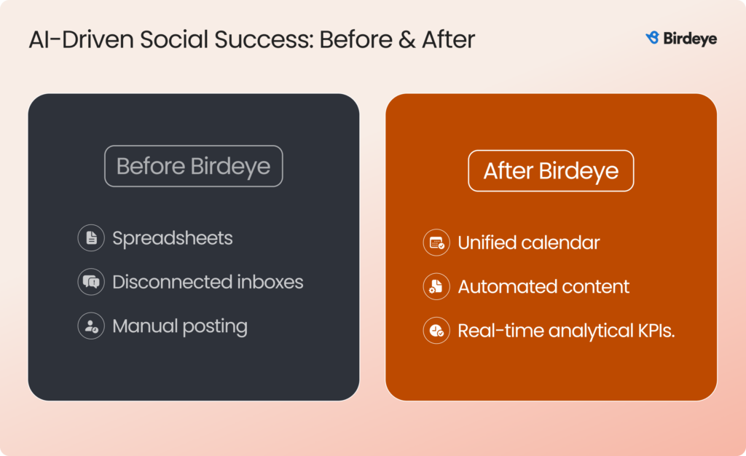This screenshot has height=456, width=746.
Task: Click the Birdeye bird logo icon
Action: coord(652,38)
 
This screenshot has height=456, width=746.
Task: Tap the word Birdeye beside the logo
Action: coord(690,39)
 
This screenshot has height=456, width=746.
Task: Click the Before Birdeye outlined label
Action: coord(193,166)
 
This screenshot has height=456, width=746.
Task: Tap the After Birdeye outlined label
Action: coord(551,171)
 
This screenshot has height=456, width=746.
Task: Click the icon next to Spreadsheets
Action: coord(91,238)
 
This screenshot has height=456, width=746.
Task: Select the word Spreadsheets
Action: coord(173,238)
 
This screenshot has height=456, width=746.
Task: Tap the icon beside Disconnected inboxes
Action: coord(91,282)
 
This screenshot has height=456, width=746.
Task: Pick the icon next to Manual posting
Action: coord(91,326)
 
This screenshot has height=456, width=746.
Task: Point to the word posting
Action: coord(216,326)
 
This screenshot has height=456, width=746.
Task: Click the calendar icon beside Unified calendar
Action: coord(436,243)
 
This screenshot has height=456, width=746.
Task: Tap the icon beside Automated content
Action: coord(436,286)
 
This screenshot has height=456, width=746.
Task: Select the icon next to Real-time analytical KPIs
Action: coord(436,331)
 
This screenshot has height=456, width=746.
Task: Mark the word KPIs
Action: coord(653,331)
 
